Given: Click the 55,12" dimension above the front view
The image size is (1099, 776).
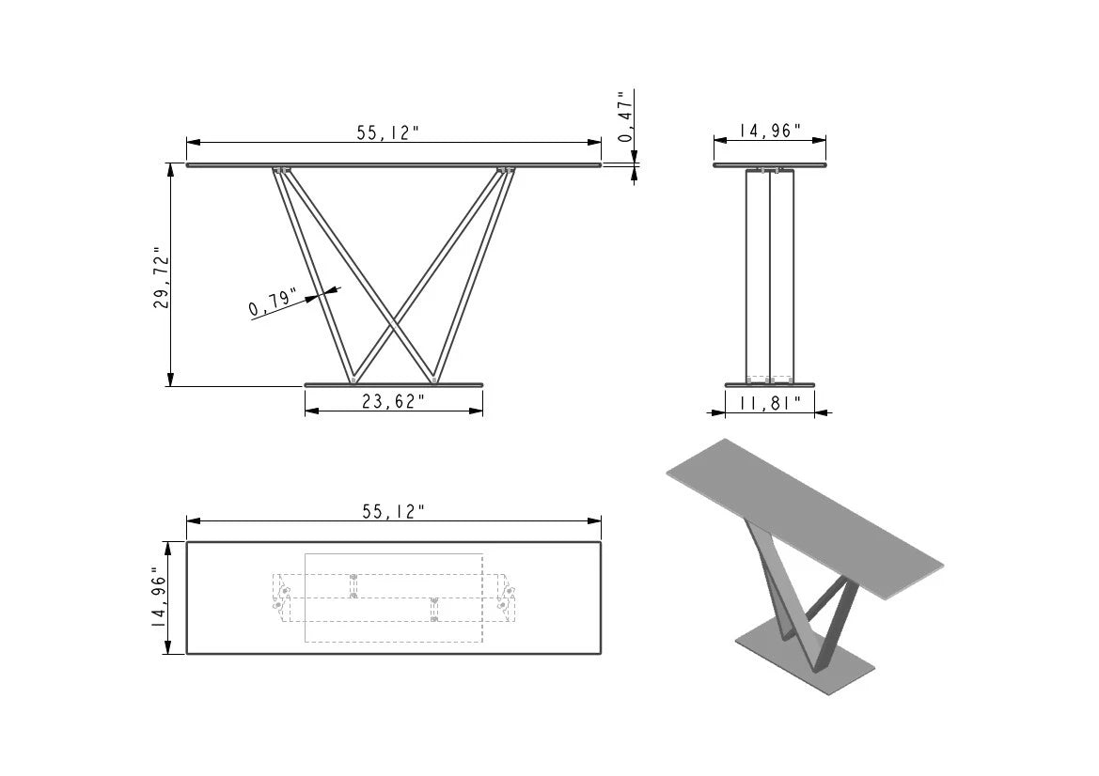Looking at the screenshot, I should click(387, 132).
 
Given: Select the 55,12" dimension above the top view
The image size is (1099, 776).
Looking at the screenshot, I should click(393, 511).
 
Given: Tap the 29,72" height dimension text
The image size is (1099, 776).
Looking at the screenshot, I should click(162, 278).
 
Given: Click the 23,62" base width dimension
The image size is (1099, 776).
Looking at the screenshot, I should click(393, 402).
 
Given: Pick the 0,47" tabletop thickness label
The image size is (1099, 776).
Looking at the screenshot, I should click(624, 116).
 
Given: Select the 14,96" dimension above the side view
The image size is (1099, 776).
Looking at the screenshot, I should click(769, 131).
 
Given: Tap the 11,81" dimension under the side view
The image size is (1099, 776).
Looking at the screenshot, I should click(769, 403).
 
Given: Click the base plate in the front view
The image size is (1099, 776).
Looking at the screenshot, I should click(393, 384).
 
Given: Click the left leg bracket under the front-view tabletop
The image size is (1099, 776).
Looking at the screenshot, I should click(281, 171).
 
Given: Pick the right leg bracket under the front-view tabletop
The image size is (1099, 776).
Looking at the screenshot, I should click(507, 171).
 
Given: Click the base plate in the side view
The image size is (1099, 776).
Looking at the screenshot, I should click(769, 384).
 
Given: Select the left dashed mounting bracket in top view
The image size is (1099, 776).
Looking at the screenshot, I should click(280, 598).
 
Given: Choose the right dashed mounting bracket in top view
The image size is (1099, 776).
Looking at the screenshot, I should click(508, 598).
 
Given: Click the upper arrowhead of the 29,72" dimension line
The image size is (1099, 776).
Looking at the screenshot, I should click(170, 169).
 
